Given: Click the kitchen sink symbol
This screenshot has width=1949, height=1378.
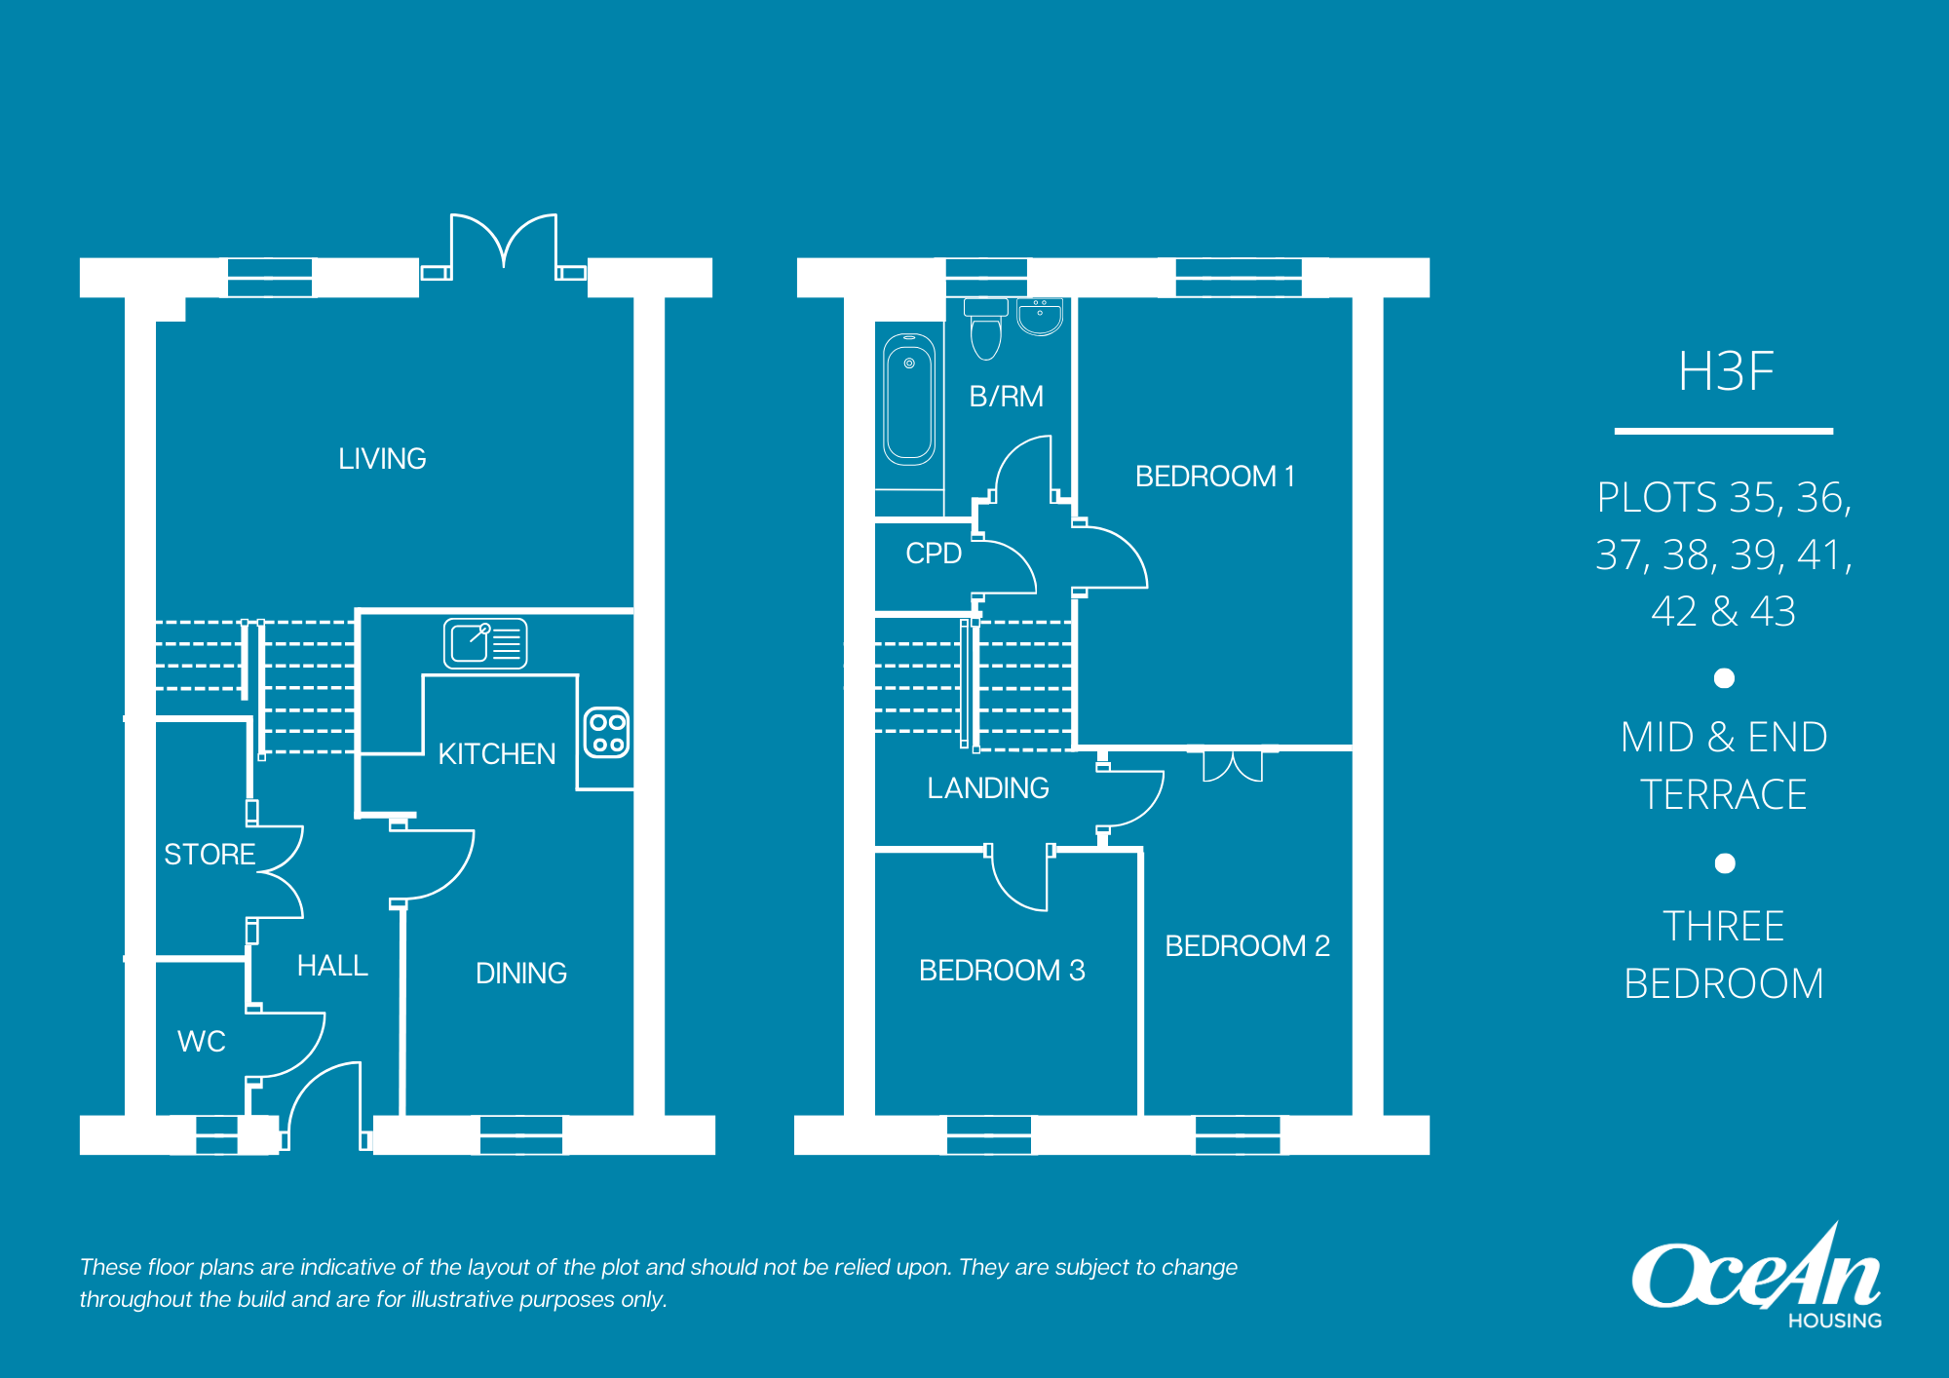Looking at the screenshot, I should [x=485, y=643].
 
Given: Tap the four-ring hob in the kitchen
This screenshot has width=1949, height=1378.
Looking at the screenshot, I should [x=606, y=733].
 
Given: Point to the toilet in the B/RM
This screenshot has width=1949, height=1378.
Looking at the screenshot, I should [x=986, y=328].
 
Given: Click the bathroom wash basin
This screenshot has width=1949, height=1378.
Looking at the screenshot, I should [x=1040, y=317].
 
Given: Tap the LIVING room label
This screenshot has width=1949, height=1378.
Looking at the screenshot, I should [x=382, y=459].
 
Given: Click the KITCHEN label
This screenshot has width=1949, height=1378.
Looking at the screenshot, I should [x=496, y=753].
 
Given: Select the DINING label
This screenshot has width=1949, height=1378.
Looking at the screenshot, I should [x=520, y=973].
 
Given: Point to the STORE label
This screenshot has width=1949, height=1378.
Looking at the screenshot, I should [x=210, y=855].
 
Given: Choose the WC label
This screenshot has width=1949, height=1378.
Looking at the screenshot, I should [x=202, y=1041].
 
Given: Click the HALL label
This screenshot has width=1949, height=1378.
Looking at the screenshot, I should [x=332, y=966].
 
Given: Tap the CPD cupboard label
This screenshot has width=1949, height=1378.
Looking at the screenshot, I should [x=934, y=554].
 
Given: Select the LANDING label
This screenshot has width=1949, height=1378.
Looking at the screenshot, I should [x=988, y=787].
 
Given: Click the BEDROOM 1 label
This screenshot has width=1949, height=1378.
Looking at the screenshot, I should [x=1214, y=477].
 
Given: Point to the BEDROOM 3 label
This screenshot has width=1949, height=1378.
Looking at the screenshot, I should [x=1002, y=971].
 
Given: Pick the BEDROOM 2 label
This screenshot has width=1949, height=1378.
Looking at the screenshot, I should [x=1247, y=945].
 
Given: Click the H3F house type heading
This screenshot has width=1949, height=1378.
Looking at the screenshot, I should [x=1725, y=371].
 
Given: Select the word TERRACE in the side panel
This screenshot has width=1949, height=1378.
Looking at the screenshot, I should [x=1723, y=794].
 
